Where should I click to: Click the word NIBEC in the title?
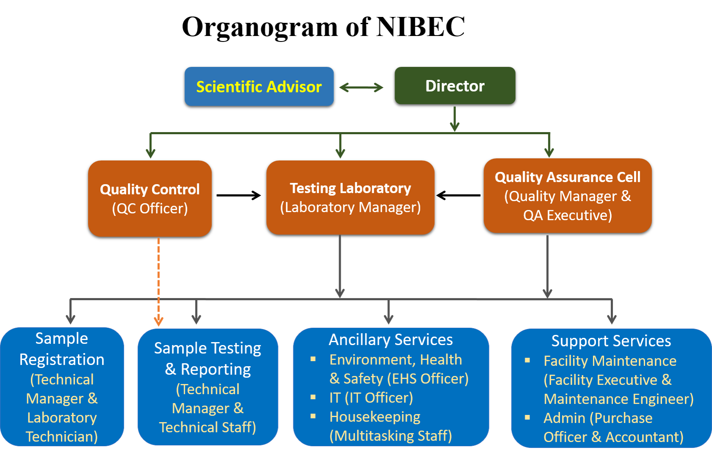[x=421, y=27]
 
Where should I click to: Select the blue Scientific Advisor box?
[x=259, y=86]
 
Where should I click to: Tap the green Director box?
[x=455, y=86]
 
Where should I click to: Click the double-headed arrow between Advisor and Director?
[x=362, y=87]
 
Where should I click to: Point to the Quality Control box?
[x=150, y=199]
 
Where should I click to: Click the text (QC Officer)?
[x=150, y=209]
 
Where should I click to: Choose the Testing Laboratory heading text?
[x=350, y=188]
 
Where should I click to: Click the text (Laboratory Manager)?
[x=350, y=207]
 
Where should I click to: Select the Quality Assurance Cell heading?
[x=568, y=177]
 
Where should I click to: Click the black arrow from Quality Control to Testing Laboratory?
[x=239, y=195]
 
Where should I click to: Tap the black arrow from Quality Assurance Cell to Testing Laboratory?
[x=458, y=195]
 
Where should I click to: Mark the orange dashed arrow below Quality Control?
[x=159, y=282]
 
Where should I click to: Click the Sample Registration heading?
[x=62, y=349]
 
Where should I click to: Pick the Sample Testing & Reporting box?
[x=208, y=387]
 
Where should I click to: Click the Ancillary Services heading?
[x=391, y=340]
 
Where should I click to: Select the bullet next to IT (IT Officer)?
[x=313, y=397]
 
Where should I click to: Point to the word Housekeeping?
[x=375, y=417]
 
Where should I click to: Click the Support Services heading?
[x=611, y=341]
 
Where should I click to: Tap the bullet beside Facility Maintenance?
[x=527, y=360]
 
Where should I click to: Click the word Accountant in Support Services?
[x=645, y=437]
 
